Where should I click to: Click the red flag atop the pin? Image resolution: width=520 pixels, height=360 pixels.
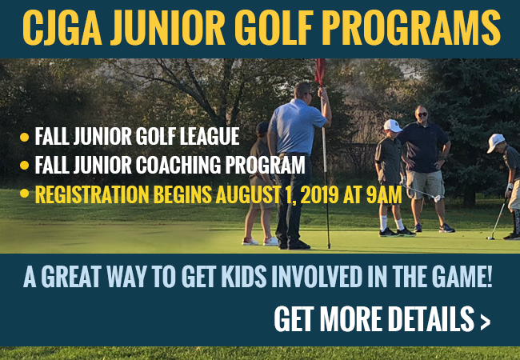tap(320, 72)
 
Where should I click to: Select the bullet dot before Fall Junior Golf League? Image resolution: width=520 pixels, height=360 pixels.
tap(24, 137)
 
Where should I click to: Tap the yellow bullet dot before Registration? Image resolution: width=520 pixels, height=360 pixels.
tap(24, 194)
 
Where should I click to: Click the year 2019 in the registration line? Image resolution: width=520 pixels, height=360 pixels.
tap(319, 194)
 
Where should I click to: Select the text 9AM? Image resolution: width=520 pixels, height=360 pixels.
tap(384, 194)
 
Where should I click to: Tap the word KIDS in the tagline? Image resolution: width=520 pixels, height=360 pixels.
tap(244, 277)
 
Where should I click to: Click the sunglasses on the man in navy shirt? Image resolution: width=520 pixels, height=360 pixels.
tap(422, 114)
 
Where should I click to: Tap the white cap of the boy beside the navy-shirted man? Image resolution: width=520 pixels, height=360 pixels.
tap(393, 125)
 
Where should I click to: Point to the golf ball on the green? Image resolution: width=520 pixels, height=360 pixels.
tap(489, 238)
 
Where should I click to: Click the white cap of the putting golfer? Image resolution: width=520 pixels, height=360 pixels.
tap(495, 142)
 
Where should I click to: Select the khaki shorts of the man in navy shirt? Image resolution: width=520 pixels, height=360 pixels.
tap(425, 184)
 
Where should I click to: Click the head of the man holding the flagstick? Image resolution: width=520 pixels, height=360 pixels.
tap(302, 90)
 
